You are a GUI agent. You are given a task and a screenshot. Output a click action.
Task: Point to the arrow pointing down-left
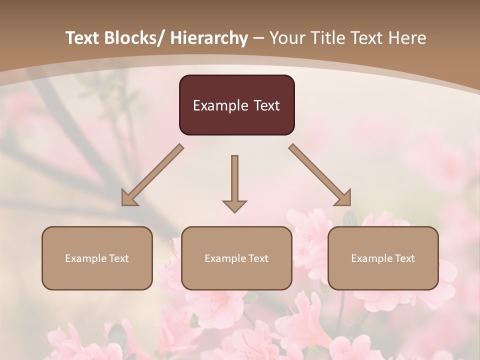tap(152, 175)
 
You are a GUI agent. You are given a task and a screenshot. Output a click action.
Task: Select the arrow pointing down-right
tap(320, 175)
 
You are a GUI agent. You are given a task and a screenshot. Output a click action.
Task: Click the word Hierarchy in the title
tap(209, 38)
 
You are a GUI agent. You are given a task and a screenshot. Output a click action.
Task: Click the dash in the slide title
tap(258, 38)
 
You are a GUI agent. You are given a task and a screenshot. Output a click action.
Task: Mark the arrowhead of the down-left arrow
tap(128, 199)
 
